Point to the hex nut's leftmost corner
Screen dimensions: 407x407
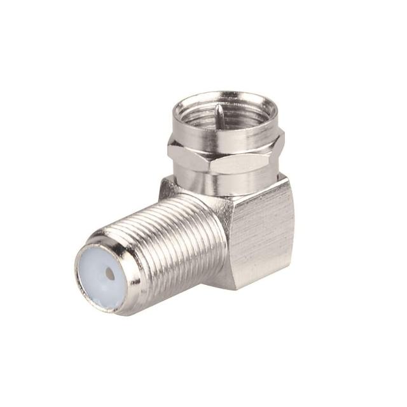click(x=169, y=149)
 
